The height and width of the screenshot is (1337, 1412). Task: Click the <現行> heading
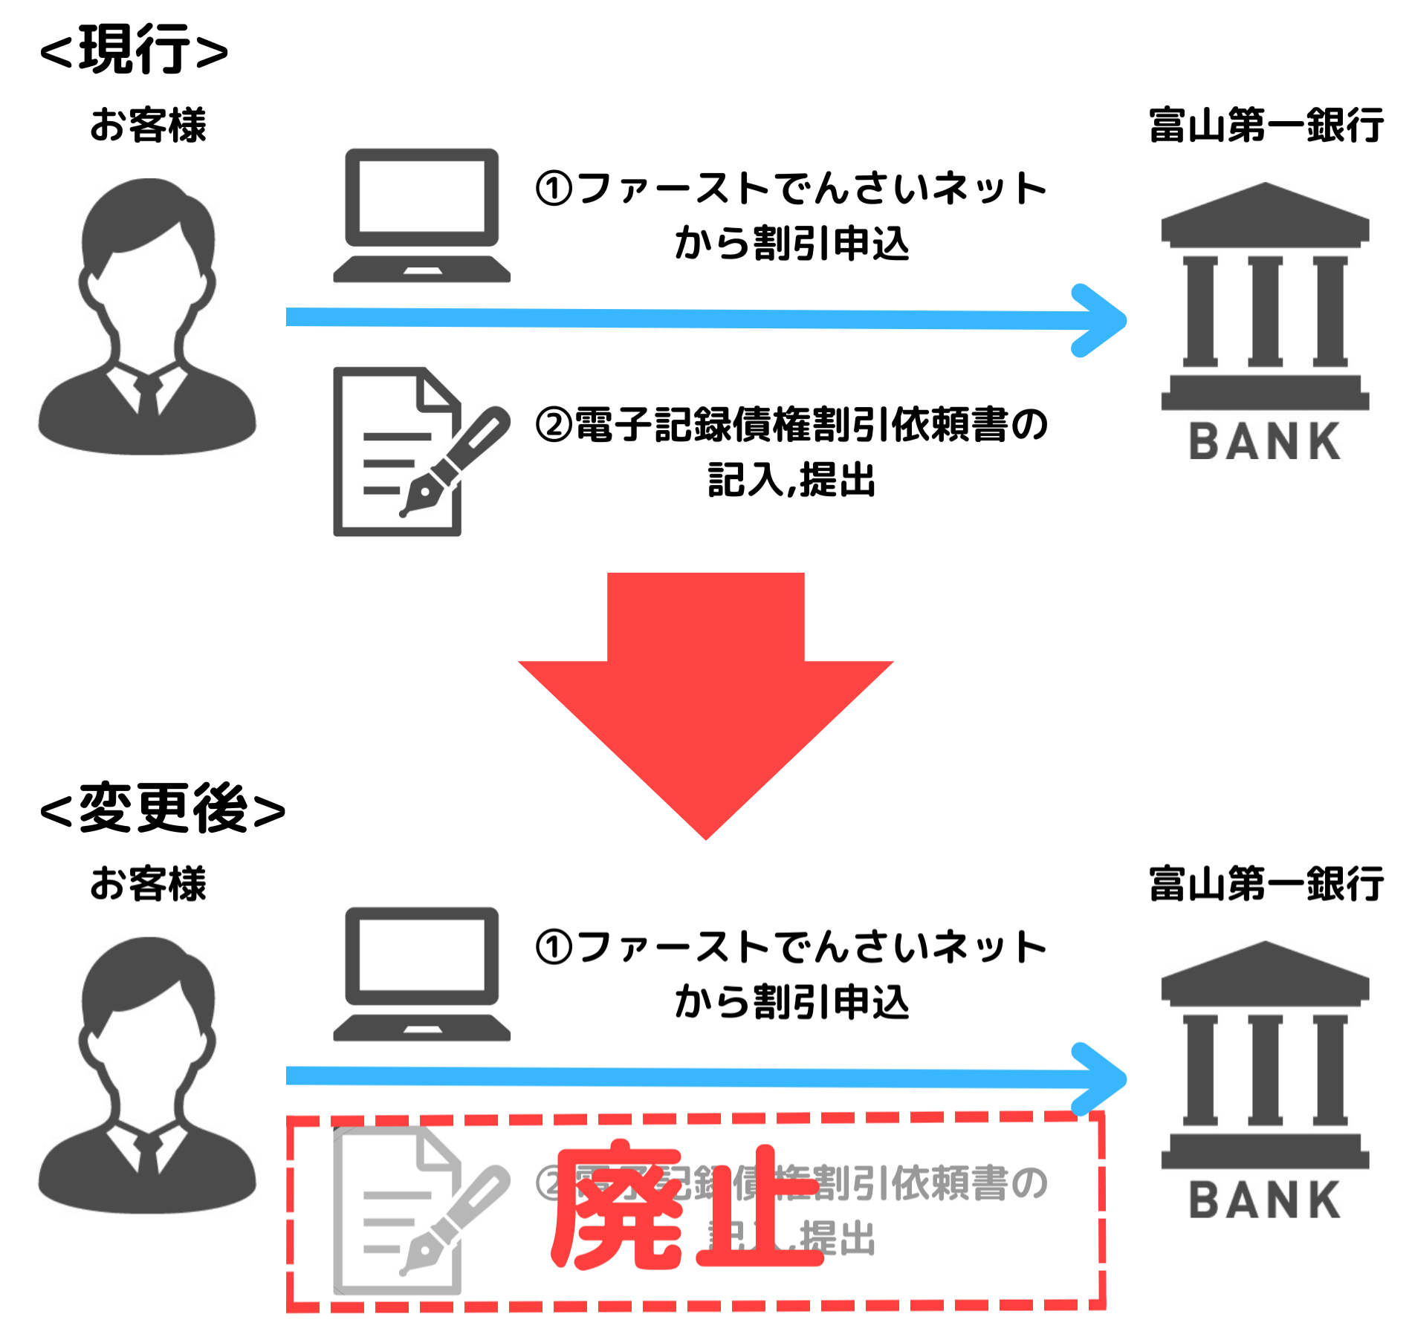[x=134, y=51]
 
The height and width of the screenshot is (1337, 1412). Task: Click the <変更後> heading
[x=163, y=809]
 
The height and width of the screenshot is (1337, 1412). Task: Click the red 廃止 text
[x=687, y=1207]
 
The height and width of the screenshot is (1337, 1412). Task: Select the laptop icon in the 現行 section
[x=421, y=215]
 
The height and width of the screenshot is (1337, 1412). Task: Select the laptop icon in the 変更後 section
[x=421, y=974]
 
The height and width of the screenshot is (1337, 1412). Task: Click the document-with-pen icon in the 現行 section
[x=412, y=452]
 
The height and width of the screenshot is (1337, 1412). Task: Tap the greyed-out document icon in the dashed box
[x=412, y=1211]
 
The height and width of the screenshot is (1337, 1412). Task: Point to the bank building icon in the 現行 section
[x=1265, y=297]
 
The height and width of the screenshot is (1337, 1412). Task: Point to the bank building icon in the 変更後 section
[x=1265, y=1055]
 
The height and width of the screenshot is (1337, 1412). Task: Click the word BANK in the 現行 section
[x=1265, y=442]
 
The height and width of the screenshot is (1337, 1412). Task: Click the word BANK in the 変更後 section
[x=1265, y=1200]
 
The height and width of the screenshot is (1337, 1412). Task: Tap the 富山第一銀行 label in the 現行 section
[x=1266, y=125]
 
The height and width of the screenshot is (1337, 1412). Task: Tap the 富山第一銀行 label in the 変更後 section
[x=1266, y=884]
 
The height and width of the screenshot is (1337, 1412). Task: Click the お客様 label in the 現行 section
[x=148, y=125]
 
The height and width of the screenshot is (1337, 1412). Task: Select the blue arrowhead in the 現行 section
[x=1100, y=321]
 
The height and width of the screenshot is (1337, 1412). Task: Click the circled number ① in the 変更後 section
[x=554, y=948]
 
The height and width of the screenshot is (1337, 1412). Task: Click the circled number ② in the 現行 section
[x=554, y=426]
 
